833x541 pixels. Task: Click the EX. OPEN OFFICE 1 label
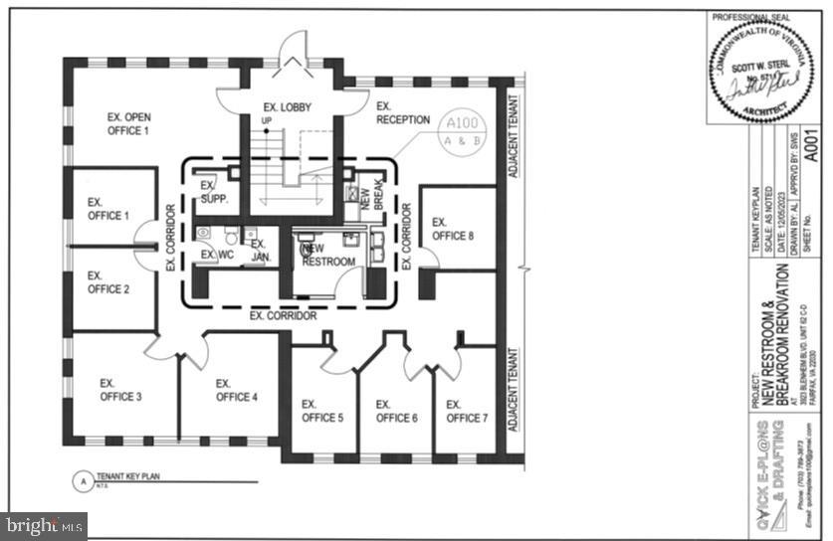point(128,123)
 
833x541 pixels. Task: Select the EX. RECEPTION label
point(402,112)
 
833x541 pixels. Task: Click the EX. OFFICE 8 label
point(453,230)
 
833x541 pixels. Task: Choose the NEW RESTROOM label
point(329,255)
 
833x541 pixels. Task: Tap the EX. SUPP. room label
point(214,192)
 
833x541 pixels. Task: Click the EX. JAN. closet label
point(260,250)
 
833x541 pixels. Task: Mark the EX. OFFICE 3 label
point(120,390)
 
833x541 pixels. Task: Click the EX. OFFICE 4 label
point(237,390)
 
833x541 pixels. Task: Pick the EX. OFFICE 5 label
point(322,411)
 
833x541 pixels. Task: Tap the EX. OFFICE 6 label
point(396,411)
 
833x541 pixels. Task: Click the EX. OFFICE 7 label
point(467,411)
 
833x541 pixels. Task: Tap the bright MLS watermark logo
point(44,525)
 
